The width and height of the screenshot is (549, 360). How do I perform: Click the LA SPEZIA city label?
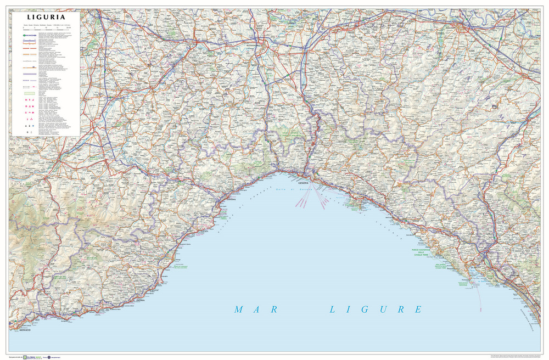coord(477,267)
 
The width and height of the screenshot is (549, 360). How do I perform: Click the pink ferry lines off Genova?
coord(313,198)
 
